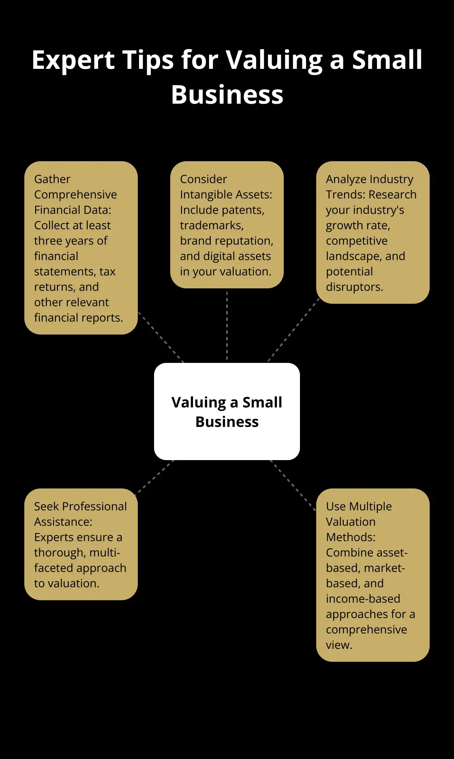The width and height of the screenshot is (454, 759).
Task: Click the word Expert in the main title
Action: (x=73, y=60)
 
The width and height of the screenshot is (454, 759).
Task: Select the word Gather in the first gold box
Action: (x=52, y=179)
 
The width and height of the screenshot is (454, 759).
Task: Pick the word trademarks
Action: (x=212, y=225)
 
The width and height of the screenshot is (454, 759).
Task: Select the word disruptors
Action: (x=354, y=287)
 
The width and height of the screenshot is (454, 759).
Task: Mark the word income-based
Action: (x=363, y=599)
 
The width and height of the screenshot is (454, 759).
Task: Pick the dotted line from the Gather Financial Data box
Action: (x=161, y=337)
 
